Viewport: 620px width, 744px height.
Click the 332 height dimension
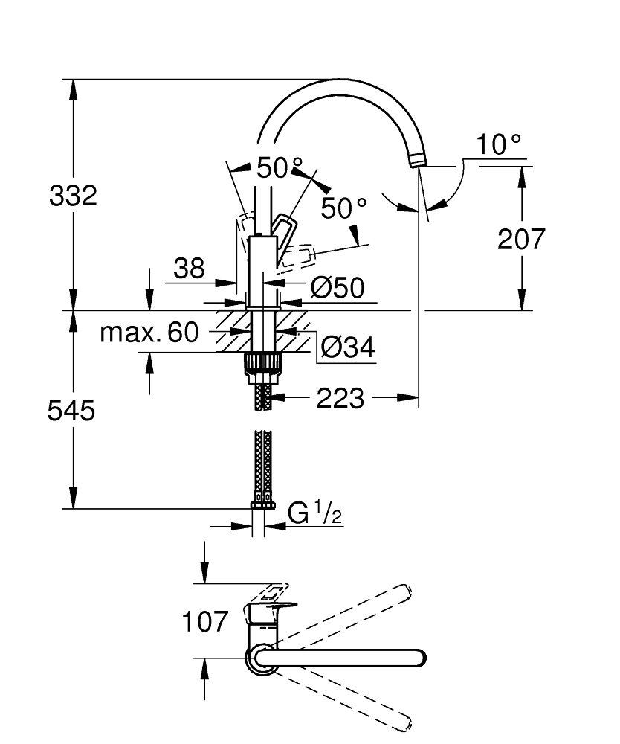pos(73,196)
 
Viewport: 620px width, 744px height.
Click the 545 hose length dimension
pos(72,410)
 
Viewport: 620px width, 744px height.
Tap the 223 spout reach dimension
pos(340,400)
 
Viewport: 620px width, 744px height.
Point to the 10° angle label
pos(499,144)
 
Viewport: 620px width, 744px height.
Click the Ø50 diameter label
pos(337,288)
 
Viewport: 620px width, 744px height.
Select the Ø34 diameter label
pos(347,346)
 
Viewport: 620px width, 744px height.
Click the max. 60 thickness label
pos(149,333)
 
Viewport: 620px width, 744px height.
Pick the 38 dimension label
pos(189,269)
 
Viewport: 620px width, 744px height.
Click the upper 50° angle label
pos(280,168)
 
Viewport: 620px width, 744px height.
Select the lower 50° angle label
pos(344,208)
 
